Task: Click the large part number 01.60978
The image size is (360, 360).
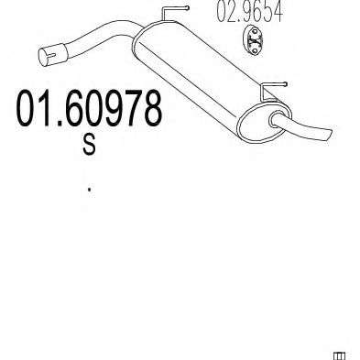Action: tap(89, 108)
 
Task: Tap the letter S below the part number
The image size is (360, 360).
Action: tap(89, 145)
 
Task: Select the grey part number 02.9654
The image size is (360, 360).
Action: tap(249, 11)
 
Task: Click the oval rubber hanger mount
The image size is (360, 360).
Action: tap(253, 40)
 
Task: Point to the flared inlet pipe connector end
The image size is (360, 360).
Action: tap(52, 55)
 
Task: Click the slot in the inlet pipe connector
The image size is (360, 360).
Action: tap(49, 56)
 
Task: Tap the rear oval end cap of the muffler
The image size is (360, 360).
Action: tap(264, 123)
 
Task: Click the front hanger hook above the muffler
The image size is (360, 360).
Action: tap(174, 13)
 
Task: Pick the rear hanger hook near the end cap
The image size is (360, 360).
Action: tap(273, 91)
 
